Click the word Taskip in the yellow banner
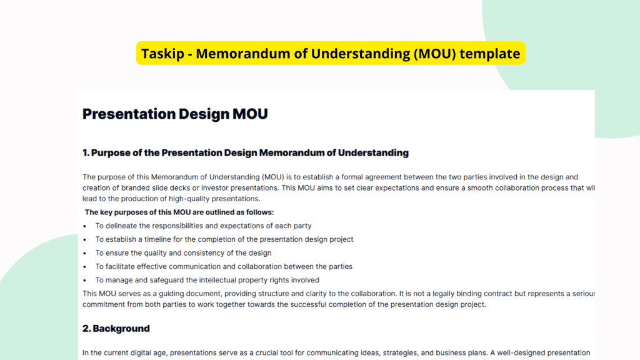coord(161,54)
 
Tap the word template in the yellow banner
coord(490,54)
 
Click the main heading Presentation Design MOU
coord(175,114)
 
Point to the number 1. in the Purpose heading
coord(87,152)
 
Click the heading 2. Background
coord(116,328)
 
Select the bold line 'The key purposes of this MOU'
coord(179,212)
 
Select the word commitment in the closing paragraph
coord(105,304)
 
